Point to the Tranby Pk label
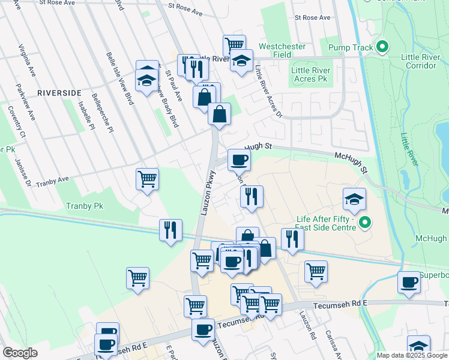tap(85, 206)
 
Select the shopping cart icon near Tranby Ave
tap(147, 179)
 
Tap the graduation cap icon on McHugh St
tap(354, 199)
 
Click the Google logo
tap(20, 353)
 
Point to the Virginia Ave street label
tap(26, 60)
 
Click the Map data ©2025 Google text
tap(411, 355)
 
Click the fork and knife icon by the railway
tap(170, 230)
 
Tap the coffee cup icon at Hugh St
tap(239, 160)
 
